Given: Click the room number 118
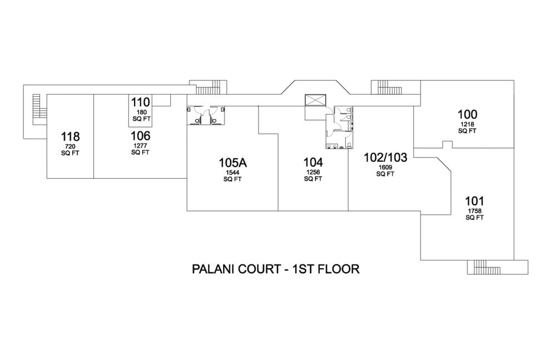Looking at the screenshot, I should click(70, 137).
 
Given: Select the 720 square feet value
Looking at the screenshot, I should click(70, 147).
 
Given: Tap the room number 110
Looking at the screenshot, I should click(141, 102).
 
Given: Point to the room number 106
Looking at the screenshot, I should click(140, 136).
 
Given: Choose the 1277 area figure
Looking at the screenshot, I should click(140, 146).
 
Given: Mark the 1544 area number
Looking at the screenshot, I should click(232, 173).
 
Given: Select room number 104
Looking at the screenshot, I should click(313, 162).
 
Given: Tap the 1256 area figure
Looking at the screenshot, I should click(313, 172).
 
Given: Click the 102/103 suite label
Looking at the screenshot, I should click(385, 157).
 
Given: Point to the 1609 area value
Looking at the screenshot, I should click(385, 167).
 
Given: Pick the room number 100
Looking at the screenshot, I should click(467, 115).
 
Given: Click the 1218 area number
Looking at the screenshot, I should click(467, 125).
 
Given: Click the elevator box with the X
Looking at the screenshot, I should click(314, 101).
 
